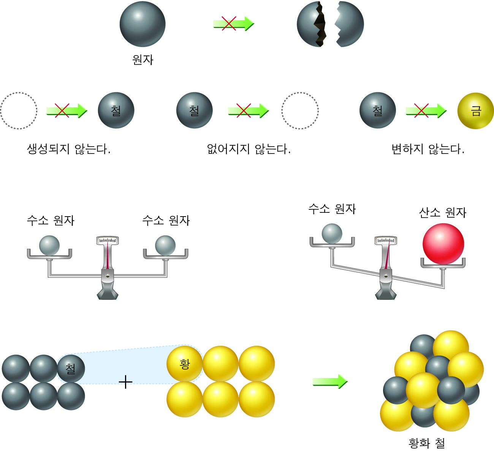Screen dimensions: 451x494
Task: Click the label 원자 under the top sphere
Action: (x=142, y=60)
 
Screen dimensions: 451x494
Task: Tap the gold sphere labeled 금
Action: (x=475, y=111)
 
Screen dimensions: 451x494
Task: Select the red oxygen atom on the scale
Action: (x=443, y=244)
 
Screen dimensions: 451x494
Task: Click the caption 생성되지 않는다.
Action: (x=68, y=149)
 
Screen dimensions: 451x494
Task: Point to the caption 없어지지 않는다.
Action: (x=249, y=149)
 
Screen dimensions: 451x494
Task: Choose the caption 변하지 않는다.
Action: (x=427, y=149)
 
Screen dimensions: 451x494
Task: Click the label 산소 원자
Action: (x=442, y=212)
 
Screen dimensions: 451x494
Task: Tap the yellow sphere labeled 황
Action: (x=185, y=364)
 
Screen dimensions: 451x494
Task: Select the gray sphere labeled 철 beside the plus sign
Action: (x=71, y=368)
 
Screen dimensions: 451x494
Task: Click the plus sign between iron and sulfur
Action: (x=125, y=381)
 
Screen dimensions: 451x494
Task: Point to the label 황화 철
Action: (x=426, y=443)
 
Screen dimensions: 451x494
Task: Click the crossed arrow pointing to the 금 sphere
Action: (x=426, y=111)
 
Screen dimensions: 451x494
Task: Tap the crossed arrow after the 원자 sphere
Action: (x=233, y=24)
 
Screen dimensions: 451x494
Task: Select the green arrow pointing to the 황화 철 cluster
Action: (x=330, y=381)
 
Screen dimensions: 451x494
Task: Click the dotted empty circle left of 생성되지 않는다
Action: (x=19, y=111)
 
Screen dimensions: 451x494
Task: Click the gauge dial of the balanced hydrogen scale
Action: (x=108, y=241)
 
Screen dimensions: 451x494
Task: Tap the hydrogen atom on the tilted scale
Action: (x=332, y=233)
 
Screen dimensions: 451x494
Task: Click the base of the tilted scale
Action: (x=386, y=293)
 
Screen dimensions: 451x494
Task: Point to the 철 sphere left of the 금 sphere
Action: (x=377, y=111)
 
